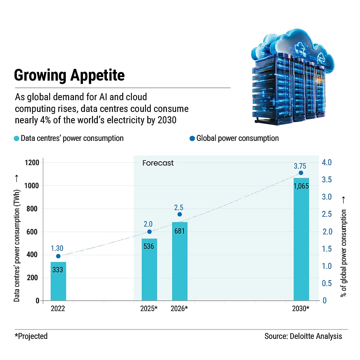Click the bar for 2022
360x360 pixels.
(x=58, y=281)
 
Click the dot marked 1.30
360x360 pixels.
(x=58, y=256)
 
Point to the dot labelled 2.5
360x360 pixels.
(x=180, y=214)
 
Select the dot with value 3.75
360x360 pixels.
(x=301, y=173)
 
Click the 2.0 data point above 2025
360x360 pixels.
(x=149, y=232)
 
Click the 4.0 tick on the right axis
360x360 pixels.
(x=327, y=163)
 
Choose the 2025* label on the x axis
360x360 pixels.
(x=149, y=309)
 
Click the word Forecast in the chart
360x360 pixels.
(x=158, y=163)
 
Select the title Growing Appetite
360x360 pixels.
(x=69, y=75)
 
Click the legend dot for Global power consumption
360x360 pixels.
(x=192, y=139)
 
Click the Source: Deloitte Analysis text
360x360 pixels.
(x=303, y=336)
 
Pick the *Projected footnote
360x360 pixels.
(x=31, y=336)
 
